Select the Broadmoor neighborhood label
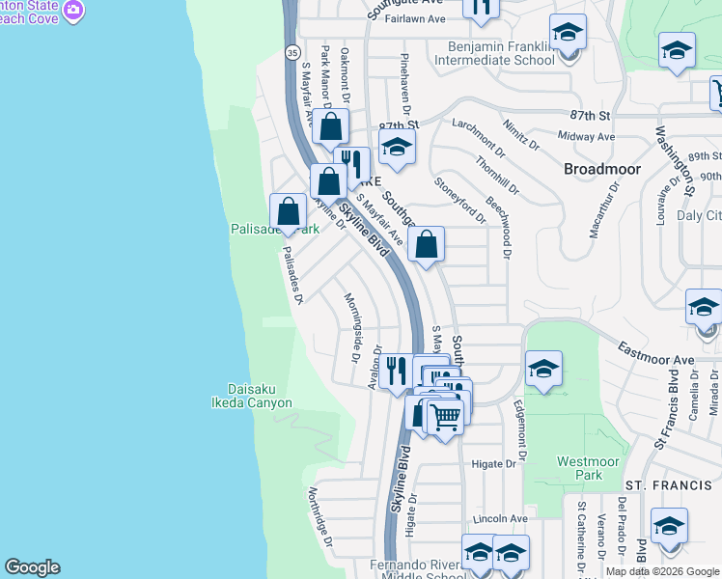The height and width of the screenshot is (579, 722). pos(603,169)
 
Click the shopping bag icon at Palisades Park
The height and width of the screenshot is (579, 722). pos(289,212)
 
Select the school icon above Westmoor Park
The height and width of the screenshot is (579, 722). pos(544,370)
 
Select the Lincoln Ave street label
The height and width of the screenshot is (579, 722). pos(498,518)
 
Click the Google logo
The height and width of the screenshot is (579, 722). pos(32,567)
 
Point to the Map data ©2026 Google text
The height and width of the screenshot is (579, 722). pos(661,571)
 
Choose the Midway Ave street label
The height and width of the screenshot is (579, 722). pos(587,138)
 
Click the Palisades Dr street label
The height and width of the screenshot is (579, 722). pos(292,275)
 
